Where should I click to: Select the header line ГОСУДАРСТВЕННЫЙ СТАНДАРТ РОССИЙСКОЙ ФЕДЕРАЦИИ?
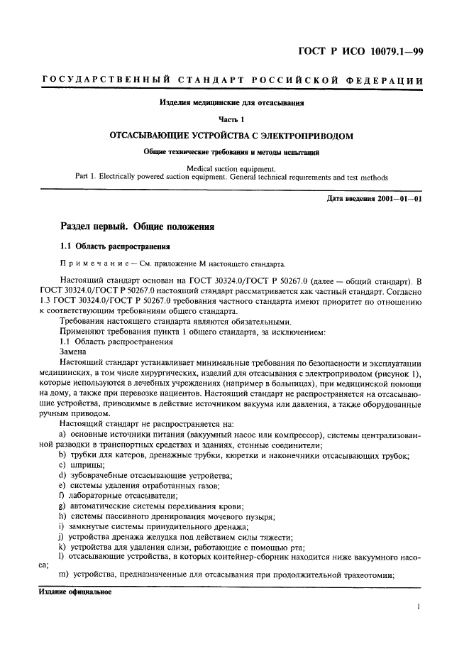[233, 80]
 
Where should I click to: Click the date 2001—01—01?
[402, 198]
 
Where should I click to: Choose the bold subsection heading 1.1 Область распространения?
[114, 246]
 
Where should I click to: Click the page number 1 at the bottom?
[419, 607]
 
